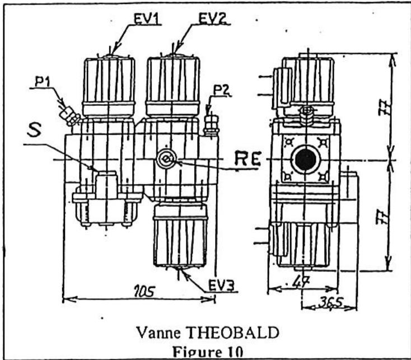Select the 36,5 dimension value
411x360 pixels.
[x=329, y=303]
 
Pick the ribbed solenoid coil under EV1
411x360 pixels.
[x=109, y=87]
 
